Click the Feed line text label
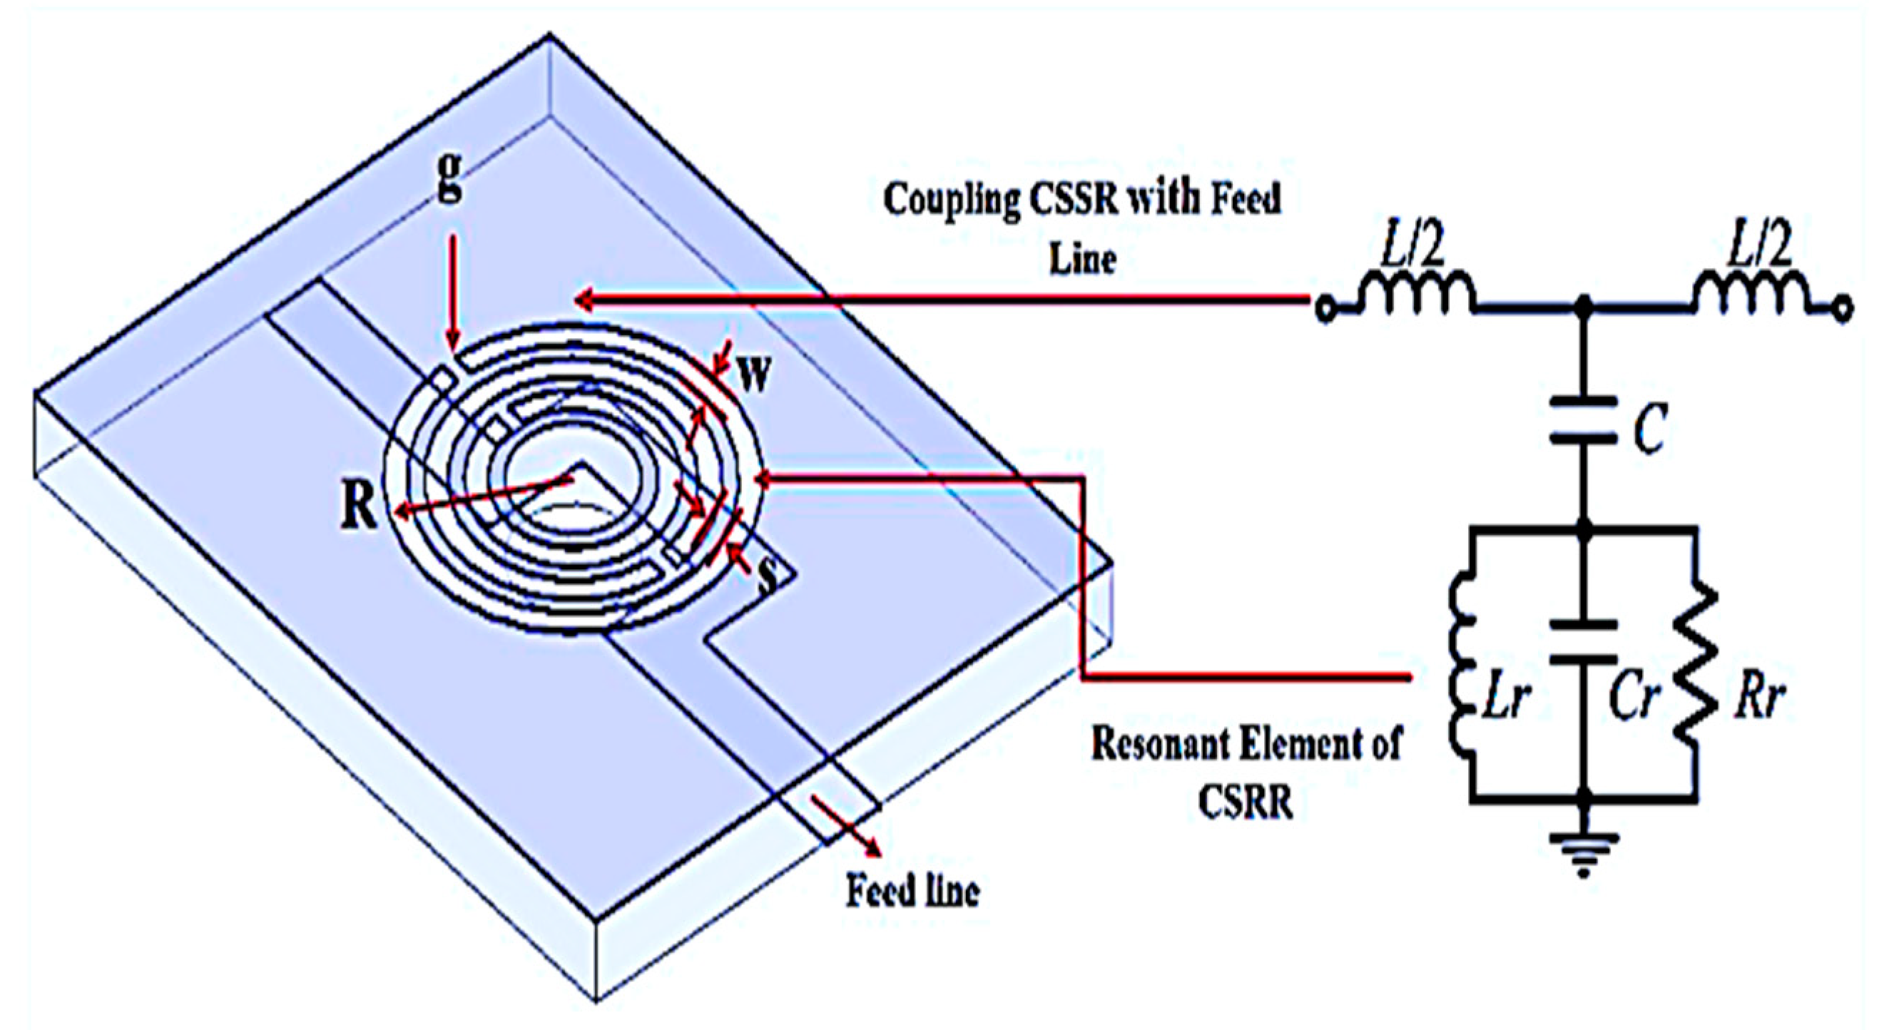(x=912, y=892)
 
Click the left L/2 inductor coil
(x=1415, y=290)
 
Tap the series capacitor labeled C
(x=1583, y=421)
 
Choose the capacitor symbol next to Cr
(x=1583, y=641)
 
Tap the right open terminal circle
(x=1843, y=310)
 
